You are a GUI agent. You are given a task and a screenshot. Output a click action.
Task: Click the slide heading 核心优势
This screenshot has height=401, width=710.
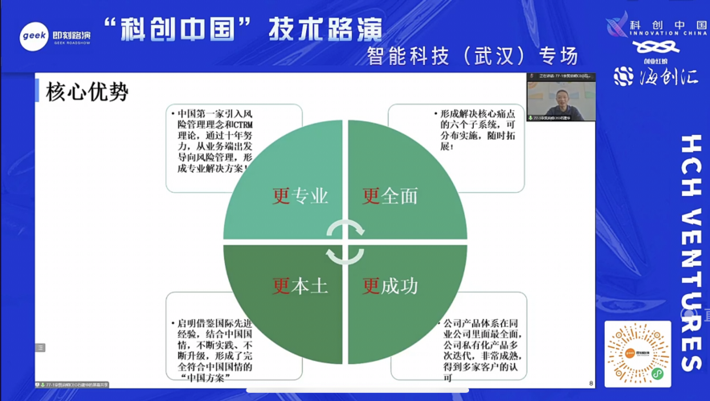click(88, 92)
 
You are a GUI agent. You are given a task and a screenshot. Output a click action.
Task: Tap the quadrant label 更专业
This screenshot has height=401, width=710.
click(300, 195)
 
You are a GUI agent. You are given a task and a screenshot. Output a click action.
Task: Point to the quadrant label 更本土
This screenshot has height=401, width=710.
click(300, 285)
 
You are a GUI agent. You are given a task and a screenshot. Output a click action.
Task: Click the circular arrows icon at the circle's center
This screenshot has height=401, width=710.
click(345, 241)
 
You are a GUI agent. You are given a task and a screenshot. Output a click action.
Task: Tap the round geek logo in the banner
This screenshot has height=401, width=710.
click(35, 35)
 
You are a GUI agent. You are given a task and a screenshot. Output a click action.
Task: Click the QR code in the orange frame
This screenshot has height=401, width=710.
click(638, 354)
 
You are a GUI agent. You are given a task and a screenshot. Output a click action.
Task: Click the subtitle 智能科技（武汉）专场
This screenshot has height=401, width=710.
click(472, 55)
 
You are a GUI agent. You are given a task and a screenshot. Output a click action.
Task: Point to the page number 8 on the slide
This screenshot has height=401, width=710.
click(591, 383)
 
